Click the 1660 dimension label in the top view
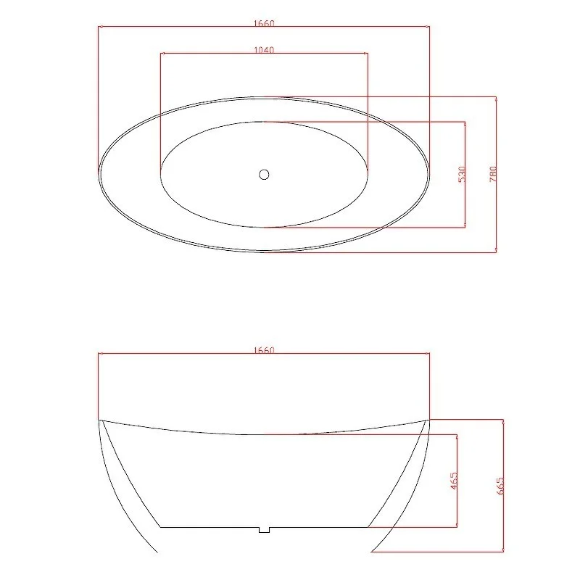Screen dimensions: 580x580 pyautogui.click(x=264, y=23)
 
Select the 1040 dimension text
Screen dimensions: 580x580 pyautogui.click(x=264, y=50)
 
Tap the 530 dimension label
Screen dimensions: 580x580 pyautogui.click(x=462, y=174)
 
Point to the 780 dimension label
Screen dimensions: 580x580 pyautogui.click(x=493, y=174)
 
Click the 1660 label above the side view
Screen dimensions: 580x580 pyautogui.click(x=264, y=350)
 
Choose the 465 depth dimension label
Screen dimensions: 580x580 pyautogui.click(x=454, y=481)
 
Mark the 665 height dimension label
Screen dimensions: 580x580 pyautogui.click(x=500, y=486)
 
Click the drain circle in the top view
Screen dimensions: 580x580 pyautogui.click(x=264, y=174)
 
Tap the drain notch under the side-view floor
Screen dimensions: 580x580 pyautogui.click(x=264, y=530)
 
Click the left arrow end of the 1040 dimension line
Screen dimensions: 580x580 pyautogui.click(x=160, y=53)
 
